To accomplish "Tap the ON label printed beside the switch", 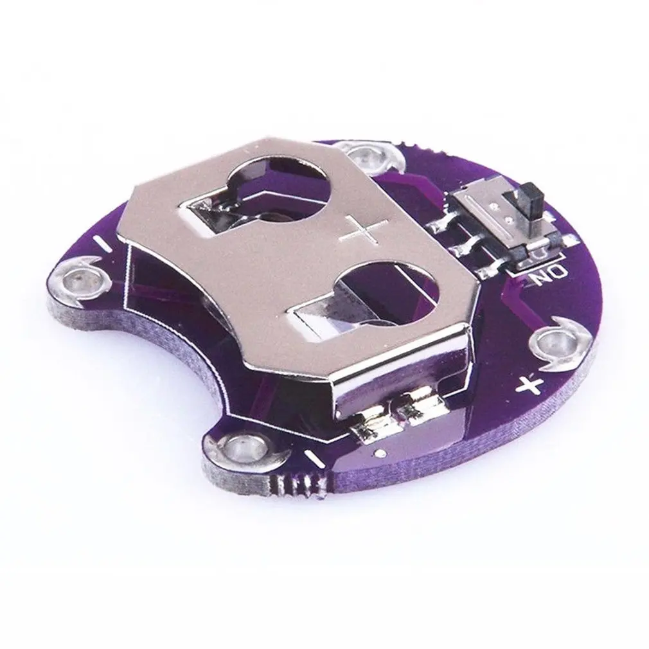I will point(547,274).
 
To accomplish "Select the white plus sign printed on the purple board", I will point(529,385).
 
